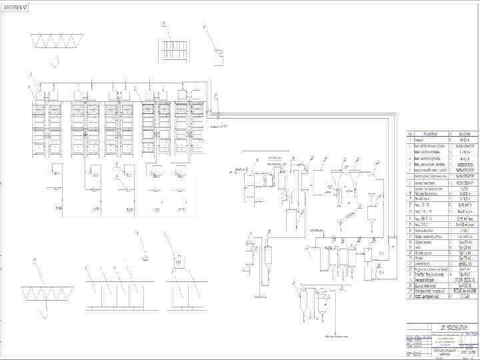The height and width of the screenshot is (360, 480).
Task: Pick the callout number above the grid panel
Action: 163,24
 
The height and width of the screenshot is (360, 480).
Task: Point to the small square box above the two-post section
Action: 179,263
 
